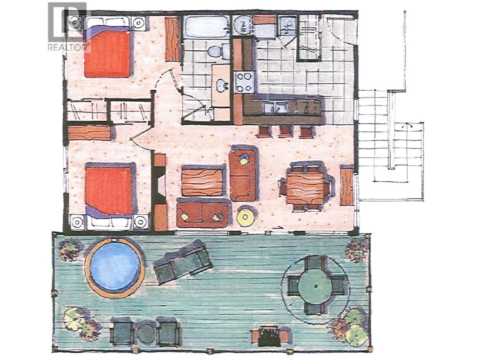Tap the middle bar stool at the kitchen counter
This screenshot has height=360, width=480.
click(x=285, y=131)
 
